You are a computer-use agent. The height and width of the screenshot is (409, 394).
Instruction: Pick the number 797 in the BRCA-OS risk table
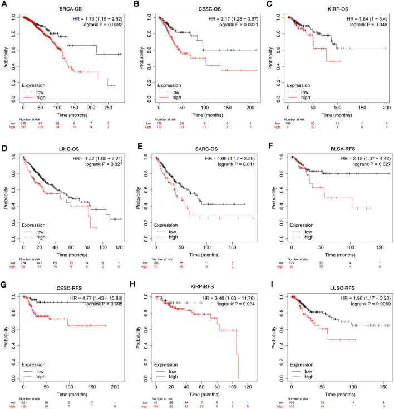pyautogui.click(x=23, y=126)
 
